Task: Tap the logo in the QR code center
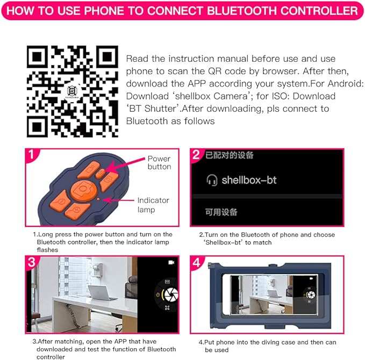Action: [x=72, y=91]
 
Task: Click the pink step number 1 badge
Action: [x=32, y=154]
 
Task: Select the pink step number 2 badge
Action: [x=197, y=155]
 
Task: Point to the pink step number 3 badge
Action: [x=32, y=262]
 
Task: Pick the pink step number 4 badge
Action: [x=197, y=263]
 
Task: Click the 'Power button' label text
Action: [x=159, y=163]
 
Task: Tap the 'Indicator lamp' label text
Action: [x=153, y=205]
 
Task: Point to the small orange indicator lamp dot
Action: [x=98, y=199]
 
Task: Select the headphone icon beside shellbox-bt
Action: [x=212, y=180]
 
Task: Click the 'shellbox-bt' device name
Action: [x=249, y=180]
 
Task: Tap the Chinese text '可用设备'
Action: [x=221, y=212]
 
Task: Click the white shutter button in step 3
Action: [x=171, y=294]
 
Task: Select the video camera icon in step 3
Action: [x=171, y=263]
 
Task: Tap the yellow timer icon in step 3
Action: [x=158, y=294]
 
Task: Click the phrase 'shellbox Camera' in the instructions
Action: [x=211, y=96]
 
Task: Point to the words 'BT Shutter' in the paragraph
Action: [x=153, y=109]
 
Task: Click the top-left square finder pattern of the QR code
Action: [x=37, y=56]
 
